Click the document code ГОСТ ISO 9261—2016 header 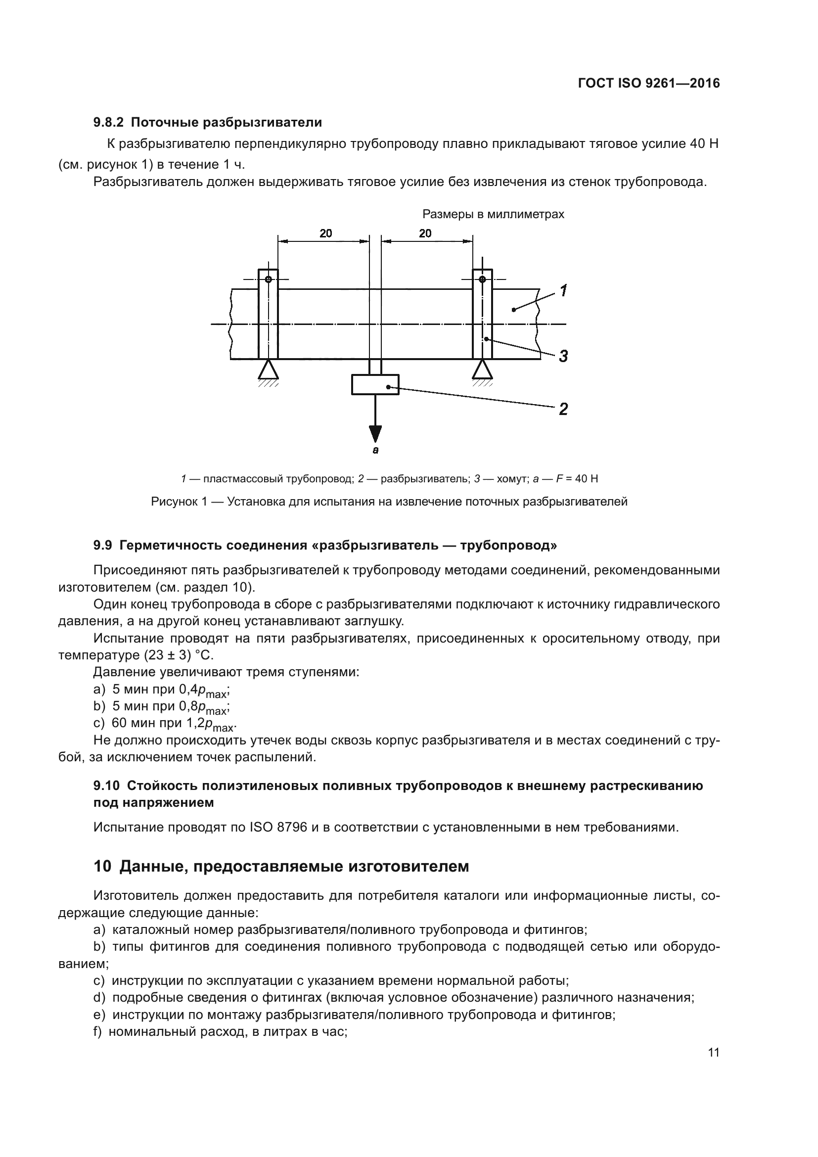click(649, 83)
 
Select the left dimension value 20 click(325, 233)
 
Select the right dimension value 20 click(425, 233)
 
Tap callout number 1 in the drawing click(564, 291)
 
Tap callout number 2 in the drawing click(563, 409)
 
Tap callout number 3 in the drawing click(563, 356)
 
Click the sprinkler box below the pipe click(375, 384)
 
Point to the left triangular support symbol click(268, 370)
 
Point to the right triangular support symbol click(482, 370)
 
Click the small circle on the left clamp click(269, 279)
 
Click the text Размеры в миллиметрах click(493, 214)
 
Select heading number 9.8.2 click(109, 123)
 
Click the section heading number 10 click(102, 866)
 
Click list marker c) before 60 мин click(99, 723)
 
